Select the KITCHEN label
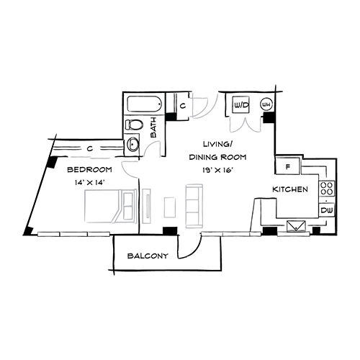[290, 189]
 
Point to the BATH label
[154, 130]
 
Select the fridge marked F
[288, 166]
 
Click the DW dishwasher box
[326, 210]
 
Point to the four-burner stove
[326, 189]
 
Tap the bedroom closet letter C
[88, 148]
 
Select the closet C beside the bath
[184, 106]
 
